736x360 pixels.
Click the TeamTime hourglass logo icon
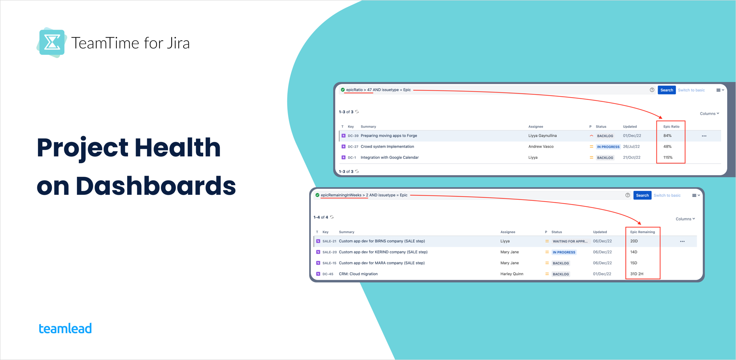click(x=52, y=42)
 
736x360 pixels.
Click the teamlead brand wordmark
click(x=65, y=328)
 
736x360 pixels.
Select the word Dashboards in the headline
click(x=156, y=186)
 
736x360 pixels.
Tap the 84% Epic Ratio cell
click(x=667, y=136)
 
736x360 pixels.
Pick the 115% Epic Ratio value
click(x=668, y=158)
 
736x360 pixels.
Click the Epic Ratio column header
click(x=671, y=126)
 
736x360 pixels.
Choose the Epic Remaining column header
click(x=642, y=232)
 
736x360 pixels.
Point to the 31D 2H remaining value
click(x=637, y=274)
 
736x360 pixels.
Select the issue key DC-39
click(x=353, y=136)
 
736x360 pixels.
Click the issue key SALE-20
click(x=329, y=252)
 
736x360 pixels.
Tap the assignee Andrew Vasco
click(x=541, y=147)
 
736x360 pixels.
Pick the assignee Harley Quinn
click(x=512, y=274)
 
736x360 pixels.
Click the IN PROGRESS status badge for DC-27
click(x=608, y=147)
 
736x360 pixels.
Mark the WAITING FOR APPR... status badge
click(x=570, y=242)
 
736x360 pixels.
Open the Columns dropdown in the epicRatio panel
click(x=709, y=114)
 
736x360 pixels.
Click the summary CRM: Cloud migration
click(x=358, y=274)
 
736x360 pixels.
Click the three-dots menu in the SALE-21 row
click(x=682, y=242)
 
